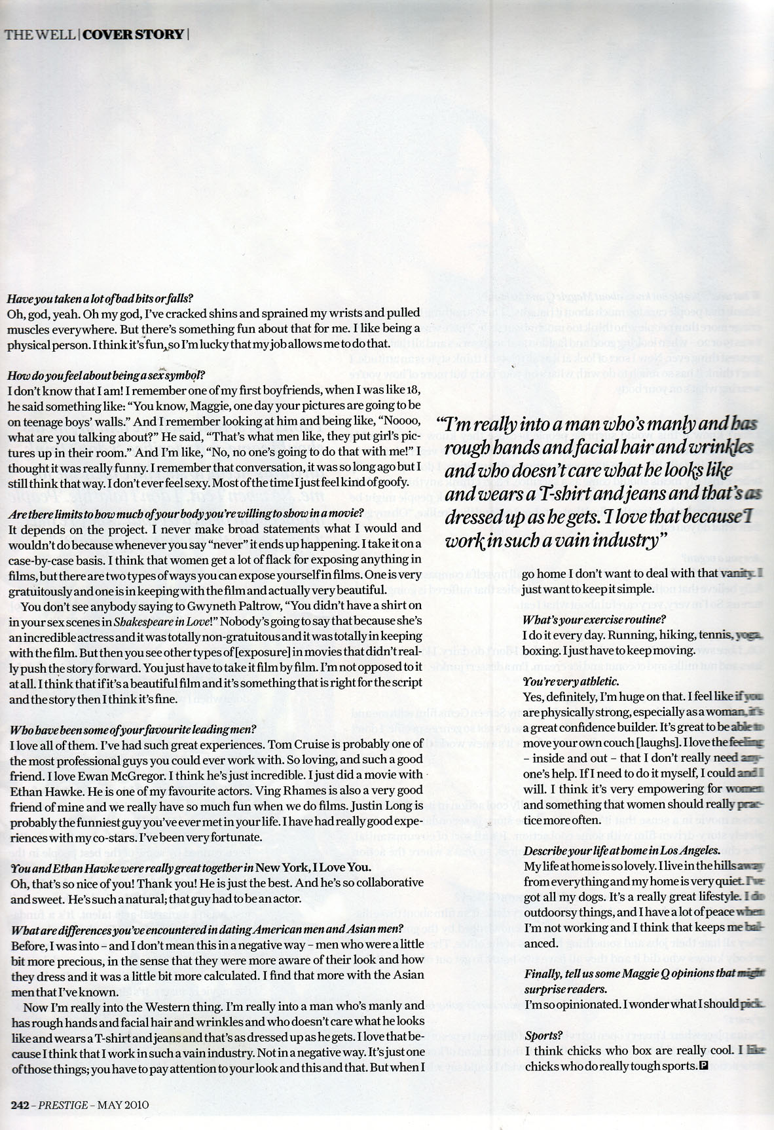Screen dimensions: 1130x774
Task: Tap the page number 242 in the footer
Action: (18, 1104)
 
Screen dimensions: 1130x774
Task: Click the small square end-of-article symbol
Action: (704, 1066)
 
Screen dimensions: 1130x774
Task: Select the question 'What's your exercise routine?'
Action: (594, 619)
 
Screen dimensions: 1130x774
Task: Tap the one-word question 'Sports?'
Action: (543, 1036)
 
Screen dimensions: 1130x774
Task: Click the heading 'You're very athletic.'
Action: (571, 682)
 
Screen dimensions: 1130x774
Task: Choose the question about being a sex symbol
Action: (106, 375)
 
